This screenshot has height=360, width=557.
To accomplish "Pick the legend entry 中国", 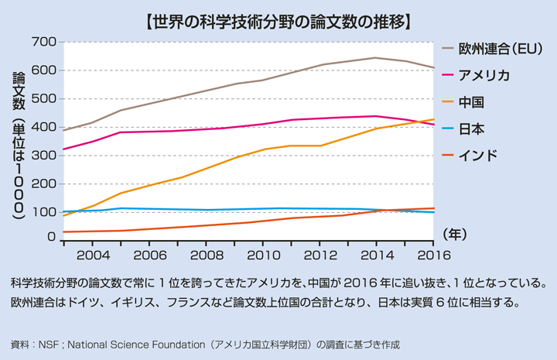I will coord(471,102).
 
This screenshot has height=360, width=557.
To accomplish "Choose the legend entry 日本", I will coord(471,129).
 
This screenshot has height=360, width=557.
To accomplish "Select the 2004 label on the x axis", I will coord(93,255).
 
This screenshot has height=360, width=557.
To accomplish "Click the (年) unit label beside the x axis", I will coord(455,233).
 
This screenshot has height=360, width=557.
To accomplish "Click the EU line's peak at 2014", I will coord(376,57).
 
